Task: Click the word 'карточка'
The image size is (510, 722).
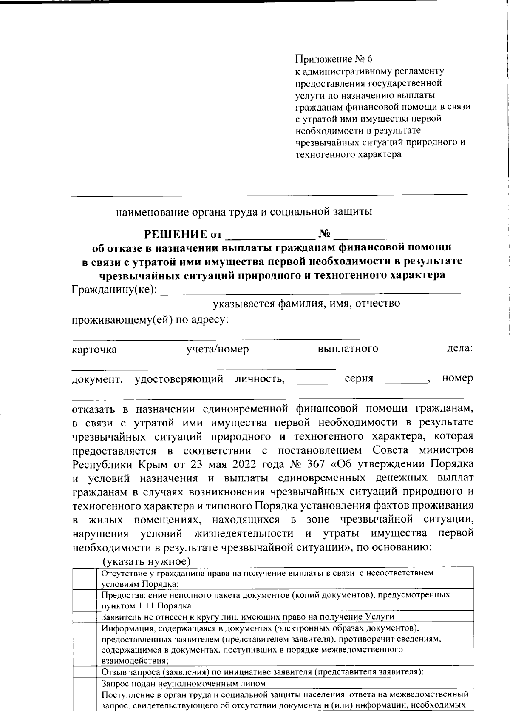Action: (x=94, y=350)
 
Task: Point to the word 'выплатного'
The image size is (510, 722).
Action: (x=348, y=349)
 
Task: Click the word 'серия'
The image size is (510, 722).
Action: (x=359, y=378)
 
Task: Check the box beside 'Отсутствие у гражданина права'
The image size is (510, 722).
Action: (x=85, y=577)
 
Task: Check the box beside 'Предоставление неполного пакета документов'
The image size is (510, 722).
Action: (x=85, y=600)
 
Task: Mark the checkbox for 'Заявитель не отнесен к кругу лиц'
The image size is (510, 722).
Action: (x=85, y=616)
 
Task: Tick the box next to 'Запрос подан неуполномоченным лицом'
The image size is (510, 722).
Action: (x=85, y=683)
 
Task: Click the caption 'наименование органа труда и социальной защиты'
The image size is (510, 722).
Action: (x=244, y=212)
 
